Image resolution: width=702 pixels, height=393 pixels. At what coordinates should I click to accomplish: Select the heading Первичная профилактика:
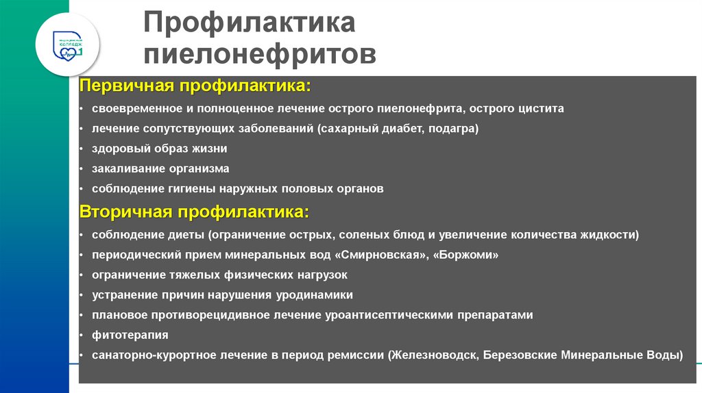[x=195, y=87]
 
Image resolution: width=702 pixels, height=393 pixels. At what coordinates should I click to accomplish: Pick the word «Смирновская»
[x=379, y=255]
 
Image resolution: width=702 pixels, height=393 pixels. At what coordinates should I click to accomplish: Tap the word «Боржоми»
[x=465, y=255]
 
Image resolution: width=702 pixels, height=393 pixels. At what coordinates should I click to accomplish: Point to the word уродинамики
[x=321, y=295]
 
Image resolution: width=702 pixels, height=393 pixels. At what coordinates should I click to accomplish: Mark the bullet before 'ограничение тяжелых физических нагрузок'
[x=82, y=275]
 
